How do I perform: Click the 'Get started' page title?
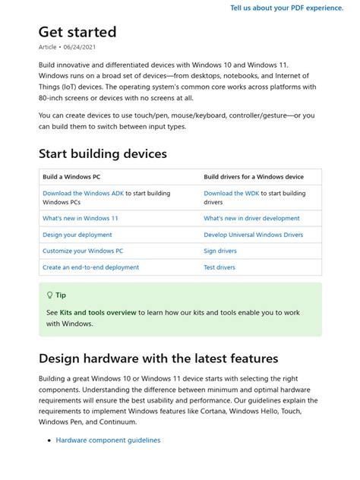click(77, 32)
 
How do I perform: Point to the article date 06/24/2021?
click(77, 47)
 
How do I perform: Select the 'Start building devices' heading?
click(103, 153)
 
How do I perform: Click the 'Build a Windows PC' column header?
click(72, 176)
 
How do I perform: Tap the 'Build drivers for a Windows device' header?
click(254, 176)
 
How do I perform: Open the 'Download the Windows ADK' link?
click(83, 194)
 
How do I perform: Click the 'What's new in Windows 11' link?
click(81, 218)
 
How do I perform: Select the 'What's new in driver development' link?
click(251, 218)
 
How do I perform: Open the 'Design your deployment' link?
click(77, 235)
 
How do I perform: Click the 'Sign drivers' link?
click(220, 251)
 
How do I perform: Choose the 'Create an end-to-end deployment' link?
click(90, 267)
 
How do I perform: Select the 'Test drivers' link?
click(219, 267)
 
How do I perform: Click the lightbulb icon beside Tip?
click(50, 295)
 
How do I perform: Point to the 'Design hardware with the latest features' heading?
click(158, 358)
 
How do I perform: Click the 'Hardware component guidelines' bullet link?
click(108, 440)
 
